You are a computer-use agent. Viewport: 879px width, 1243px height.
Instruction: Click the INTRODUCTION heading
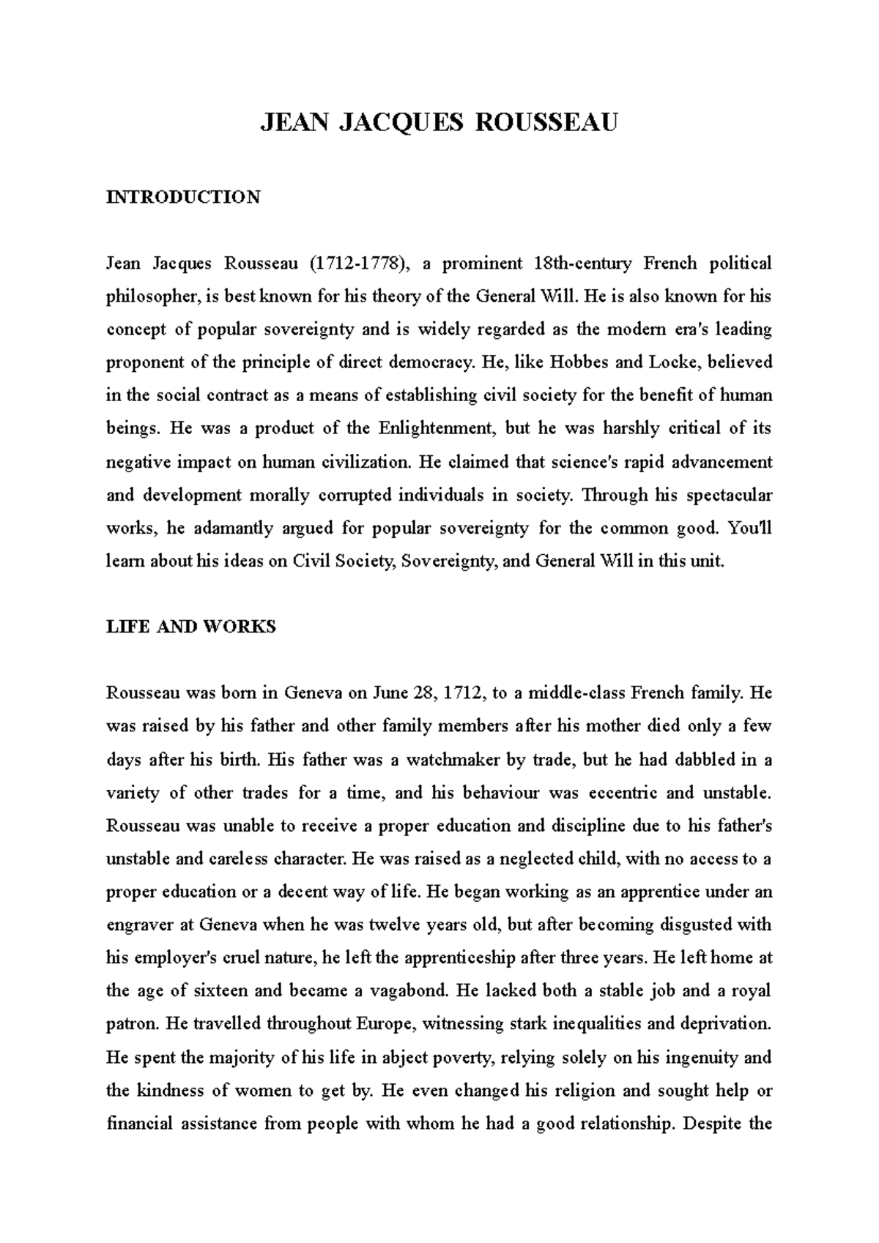coord(183,197)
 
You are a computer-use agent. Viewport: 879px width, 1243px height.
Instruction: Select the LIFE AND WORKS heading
coord(190,627)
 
